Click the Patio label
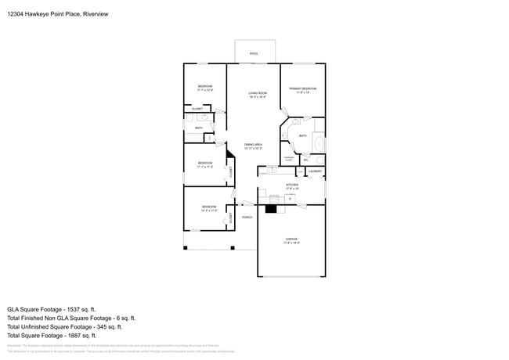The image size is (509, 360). coord(253,53)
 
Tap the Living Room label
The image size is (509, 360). coord(258,93)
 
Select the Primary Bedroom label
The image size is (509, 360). coord(302,88)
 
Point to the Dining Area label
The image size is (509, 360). coord(252,145)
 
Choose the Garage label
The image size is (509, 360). coord(291,239)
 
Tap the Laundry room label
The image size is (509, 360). coord(316,171)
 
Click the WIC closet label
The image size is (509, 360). coord(305,160)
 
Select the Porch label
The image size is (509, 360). coord(246,217)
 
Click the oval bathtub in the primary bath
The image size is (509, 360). coord(319,145)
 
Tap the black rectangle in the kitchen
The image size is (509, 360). coord(272,208)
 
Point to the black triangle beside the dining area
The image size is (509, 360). coord(230,156)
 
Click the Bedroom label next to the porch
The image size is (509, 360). coord(208,207)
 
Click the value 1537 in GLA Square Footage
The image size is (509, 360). coord(82,309)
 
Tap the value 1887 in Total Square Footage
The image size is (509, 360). coord(83,335)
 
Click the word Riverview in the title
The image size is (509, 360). coord(93,13)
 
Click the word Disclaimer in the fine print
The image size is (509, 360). coord(15,344)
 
